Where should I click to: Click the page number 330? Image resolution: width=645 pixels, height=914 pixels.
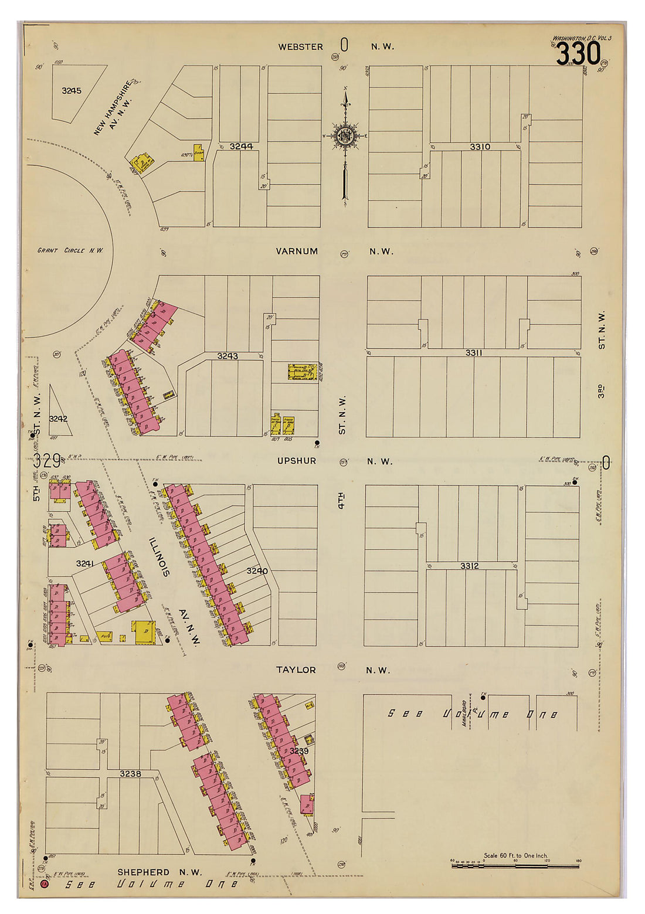[578, 55]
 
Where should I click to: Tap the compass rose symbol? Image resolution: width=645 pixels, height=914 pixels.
[345, 137]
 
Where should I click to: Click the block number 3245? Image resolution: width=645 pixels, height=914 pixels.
[72, 91]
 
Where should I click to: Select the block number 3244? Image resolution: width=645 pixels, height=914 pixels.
[241, 146]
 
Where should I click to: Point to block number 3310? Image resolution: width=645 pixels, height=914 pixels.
[480, 147]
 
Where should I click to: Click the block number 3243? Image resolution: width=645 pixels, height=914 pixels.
[228, 356]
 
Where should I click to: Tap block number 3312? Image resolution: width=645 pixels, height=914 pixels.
[469, 566]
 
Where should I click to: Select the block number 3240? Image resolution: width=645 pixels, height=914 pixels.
[257, 570]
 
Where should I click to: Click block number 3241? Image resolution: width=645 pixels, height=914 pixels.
[85, 563]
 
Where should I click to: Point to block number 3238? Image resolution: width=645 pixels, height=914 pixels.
[130, 774]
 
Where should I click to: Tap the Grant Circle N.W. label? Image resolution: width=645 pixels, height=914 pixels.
[70, 250]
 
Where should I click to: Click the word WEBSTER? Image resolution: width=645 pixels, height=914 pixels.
[300, 47]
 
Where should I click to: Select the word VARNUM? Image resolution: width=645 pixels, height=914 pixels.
[297, 251]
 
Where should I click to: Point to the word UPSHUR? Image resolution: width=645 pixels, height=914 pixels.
[297, 461]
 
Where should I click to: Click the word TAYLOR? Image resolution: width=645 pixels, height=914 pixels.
[296, 670]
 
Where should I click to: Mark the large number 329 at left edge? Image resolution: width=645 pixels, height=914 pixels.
[46, 461]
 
